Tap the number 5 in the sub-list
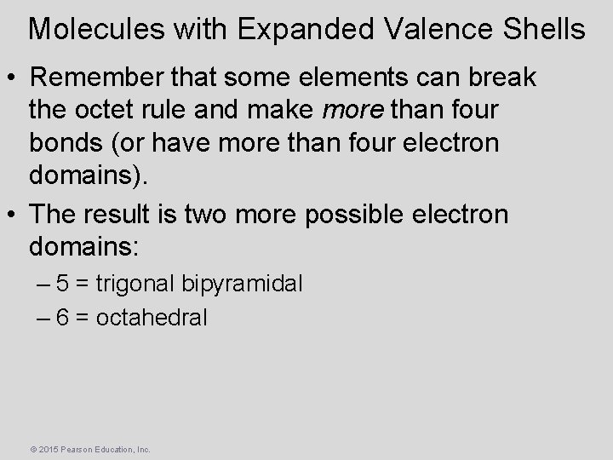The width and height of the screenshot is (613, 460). coord(62,283)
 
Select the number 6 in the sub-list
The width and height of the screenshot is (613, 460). coord(62,318)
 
